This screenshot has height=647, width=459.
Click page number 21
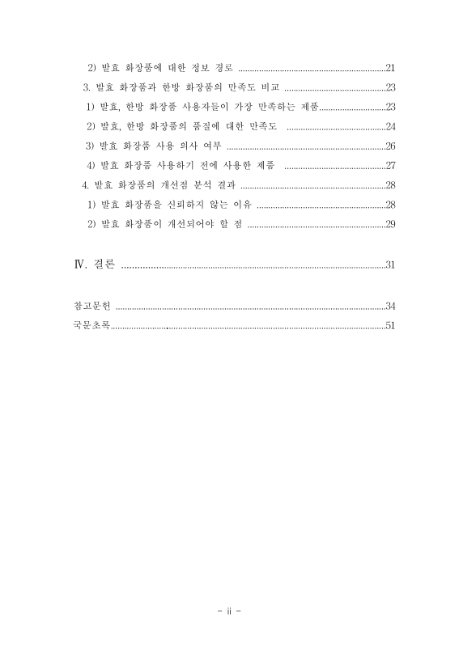pos(390,67)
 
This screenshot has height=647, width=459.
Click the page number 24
pos(390,126)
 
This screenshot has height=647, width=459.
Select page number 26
pos(390,146)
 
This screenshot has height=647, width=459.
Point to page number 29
pos(390,223)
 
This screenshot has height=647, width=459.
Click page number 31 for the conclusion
pos(390,264)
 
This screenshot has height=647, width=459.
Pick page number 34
pos(390,306)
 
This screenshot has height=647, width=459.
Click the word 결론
pos(103,264)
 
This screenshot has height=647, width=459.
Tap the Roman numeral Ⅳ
pos(79,264)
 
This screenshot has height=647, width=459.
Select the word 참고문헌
pos(90,306)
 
